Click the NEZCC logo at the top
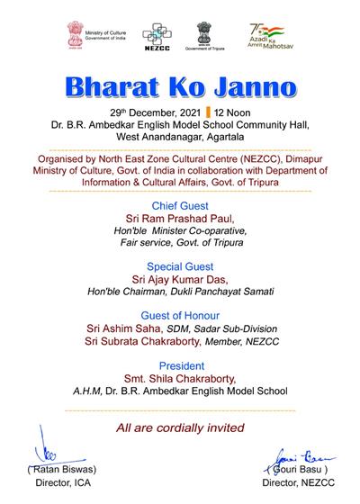(x=157, y=36)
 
